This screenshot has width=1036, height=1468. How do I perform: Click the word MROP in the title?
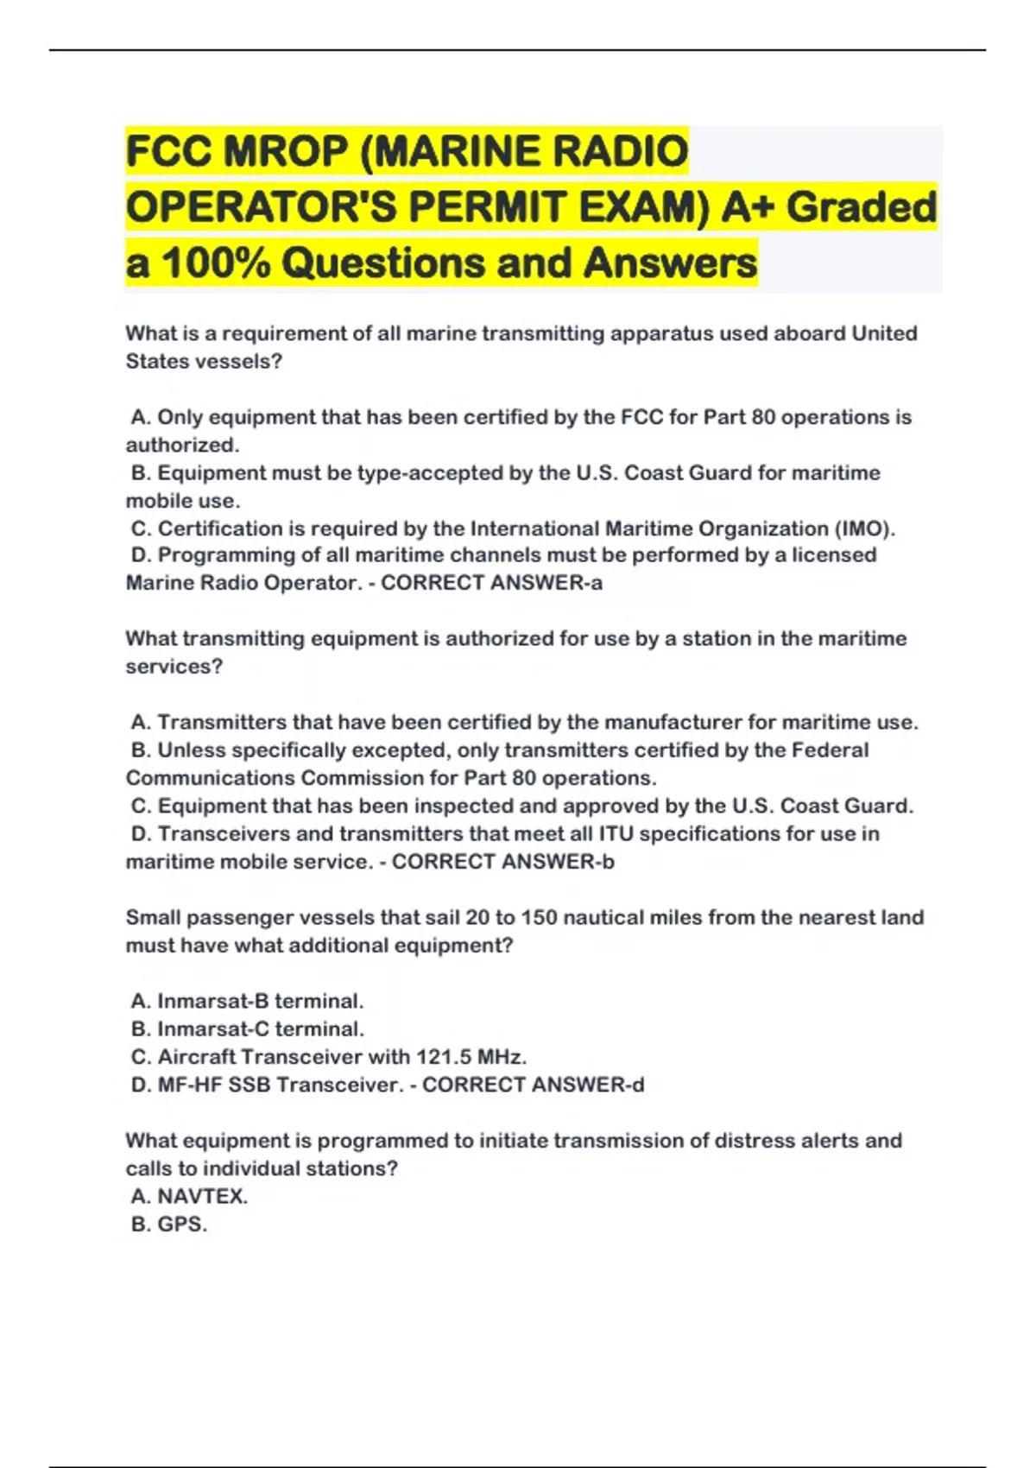[x=285, y=152]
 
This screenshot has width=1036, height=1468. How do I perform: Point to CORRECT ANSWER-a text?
[x=491, y=583]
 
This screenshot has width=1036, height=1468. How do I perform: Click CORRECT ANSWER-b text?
[x=502, y=862]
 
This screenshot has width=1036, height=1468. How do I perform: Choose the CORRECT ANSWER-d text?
[x=533, y=1085]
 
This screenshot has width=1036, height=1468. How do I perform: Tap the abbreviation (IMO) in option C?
[x=864, y=528]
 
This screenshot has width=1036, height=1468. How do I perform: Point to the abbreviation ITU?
[x=616, y=834]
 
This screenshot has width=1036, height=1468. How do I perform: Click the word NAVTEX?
[x=201, y=1197]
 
